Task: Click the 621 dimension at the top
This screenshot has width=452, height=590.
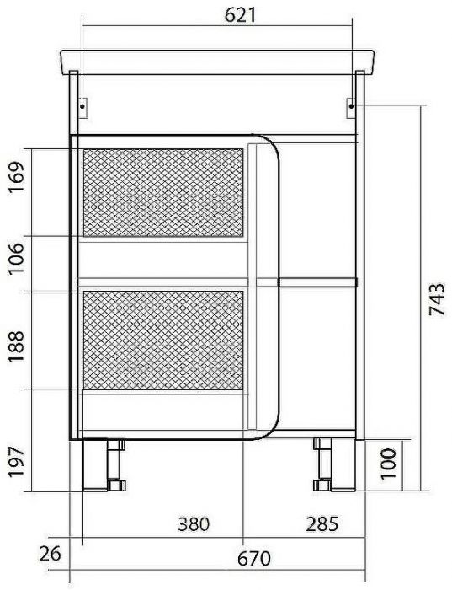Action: coord(240,15)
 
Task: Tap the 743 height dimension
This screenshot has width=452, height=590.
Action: coord(437,299)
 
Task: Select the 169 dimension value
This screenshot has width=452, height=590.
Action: coord(17,177)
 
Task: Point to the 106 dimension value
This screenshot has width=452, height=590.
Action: coord(17,259)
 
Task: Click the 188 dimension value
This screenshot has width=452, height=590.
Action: coord(17,346)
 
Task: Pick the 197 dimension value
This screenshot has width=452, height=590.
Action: coord(17,462)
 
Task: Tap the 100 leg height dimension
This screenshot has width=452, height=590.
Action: coord(389,464)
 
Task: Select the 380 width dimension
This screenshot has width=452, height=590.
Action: coord(194,524)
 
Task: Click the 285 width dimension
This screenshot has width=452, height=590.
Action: coord(322,524)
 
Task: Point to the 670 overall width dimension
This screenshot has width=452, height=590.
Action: coord(253,559)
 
